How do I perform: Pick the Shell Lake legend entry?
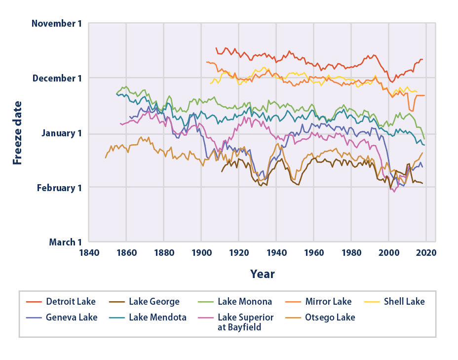point(404,301)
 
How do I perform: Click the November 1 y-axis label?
point(56,23)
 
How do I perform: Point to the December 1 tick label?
point(56,78)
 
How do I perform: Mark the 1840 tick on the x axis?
point(89,252)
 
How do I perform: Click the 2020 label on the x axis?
point(426,252)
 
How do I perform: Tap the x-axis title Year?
point(262,274)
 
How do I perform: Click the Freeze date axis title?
point(18,132)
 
